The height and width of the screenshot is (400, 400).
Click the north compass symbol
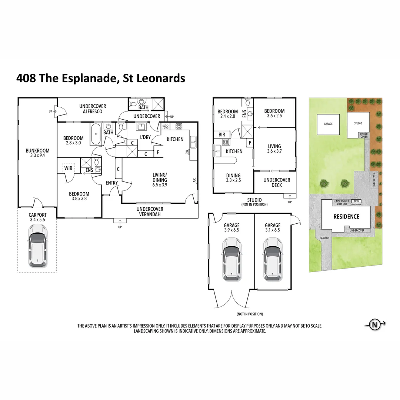[374, 325]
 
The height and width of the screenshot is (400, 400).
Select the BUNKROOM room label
[37, 153]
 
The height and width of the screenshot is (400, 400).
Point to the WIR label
[68, 168]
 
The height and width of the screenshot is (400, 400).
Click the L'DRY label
[144, 137]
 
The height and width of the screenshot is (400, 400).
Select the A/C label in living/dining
[194, 181]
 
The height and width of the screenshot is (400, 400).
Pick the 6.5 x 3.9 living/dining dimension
[160, 185]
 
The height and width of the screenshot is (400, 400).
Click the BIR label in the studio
[222, 134]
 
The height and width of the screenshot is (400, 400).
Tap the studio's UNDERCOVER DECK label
[277, 183]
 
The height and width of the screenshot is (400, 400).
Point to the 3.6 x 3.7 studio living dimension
[274, 151]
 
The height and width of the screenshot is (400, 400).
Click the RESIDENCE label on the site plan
[347, 217]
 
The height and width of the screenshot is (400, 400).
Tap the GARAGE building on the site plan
[328, 124]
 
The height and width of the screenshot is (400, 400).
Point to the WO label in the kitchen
[166, 127]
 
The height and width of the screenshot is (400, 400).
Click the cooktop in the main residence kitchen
[179, 126]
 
